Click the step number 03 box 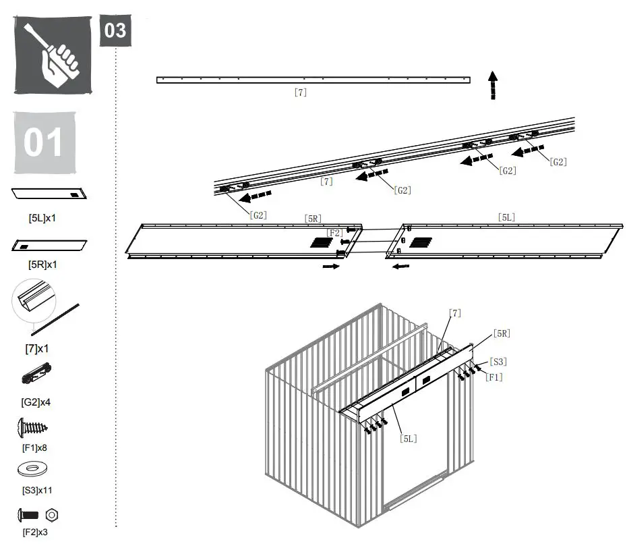pyautogui.click(x=115, y=30)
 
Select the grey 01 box pyautogui.click(x=44, y=142)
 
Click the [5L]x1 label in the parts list pyautogui.click(x=42, y=219)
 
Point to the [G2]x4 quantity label pyautogui.click(x=36, y=402)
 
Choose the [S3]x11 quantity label pyautogui.click(x=37, y=489)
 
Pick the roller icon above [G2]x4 pyautogui.click(x=37, y=373)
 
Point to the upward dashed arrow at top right pyautogui.click(x=494, y=85)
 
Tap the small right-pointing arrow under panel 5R pyautogui.click(x=330, y=267)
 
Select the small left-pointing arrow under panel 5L pyautogui.click(x=401, y=267)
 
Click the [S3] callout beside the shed pyautogui.click(x=498, y=362)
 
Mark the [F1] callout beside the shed pyautogui.click(x=494, y=377)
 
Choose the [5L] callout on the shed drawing pyautogui.click(x=408, y=439)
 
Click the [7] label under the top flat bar pyautogui.click(x=301, y=92)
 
